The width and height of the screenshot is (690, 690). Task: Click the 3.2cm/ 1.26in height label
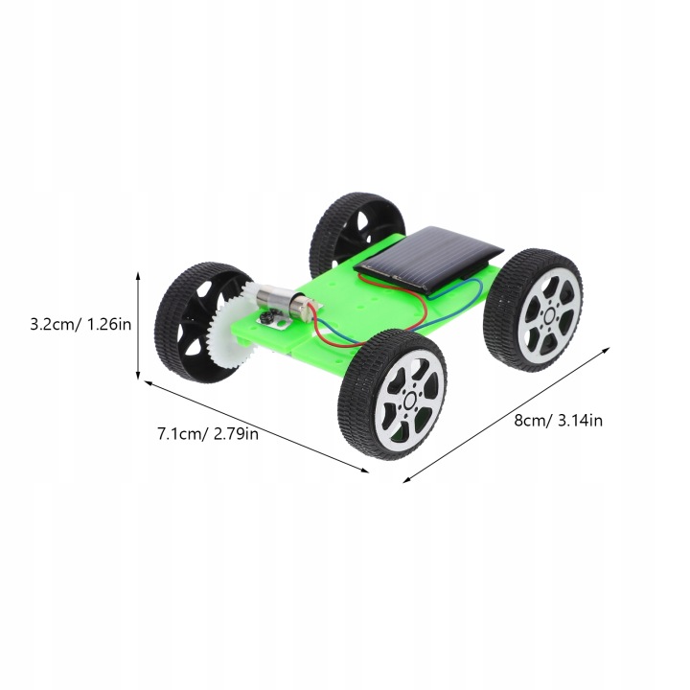(80, 325)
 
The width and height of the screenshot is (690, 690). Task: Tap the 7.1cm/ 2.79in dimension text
(208, 434)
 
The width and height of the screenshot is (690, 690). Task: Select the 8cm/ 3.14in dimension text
(558, 421)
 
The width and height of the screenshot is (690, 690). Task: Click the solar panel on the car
(428, 258)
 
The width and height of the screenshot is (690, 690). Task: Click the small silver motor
(283, 300)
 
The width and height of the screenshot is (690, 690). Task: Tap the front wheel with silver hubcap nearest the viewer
(393, 394)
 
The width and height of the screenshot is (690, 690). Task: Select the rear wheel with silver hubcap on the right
(534, 310)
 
